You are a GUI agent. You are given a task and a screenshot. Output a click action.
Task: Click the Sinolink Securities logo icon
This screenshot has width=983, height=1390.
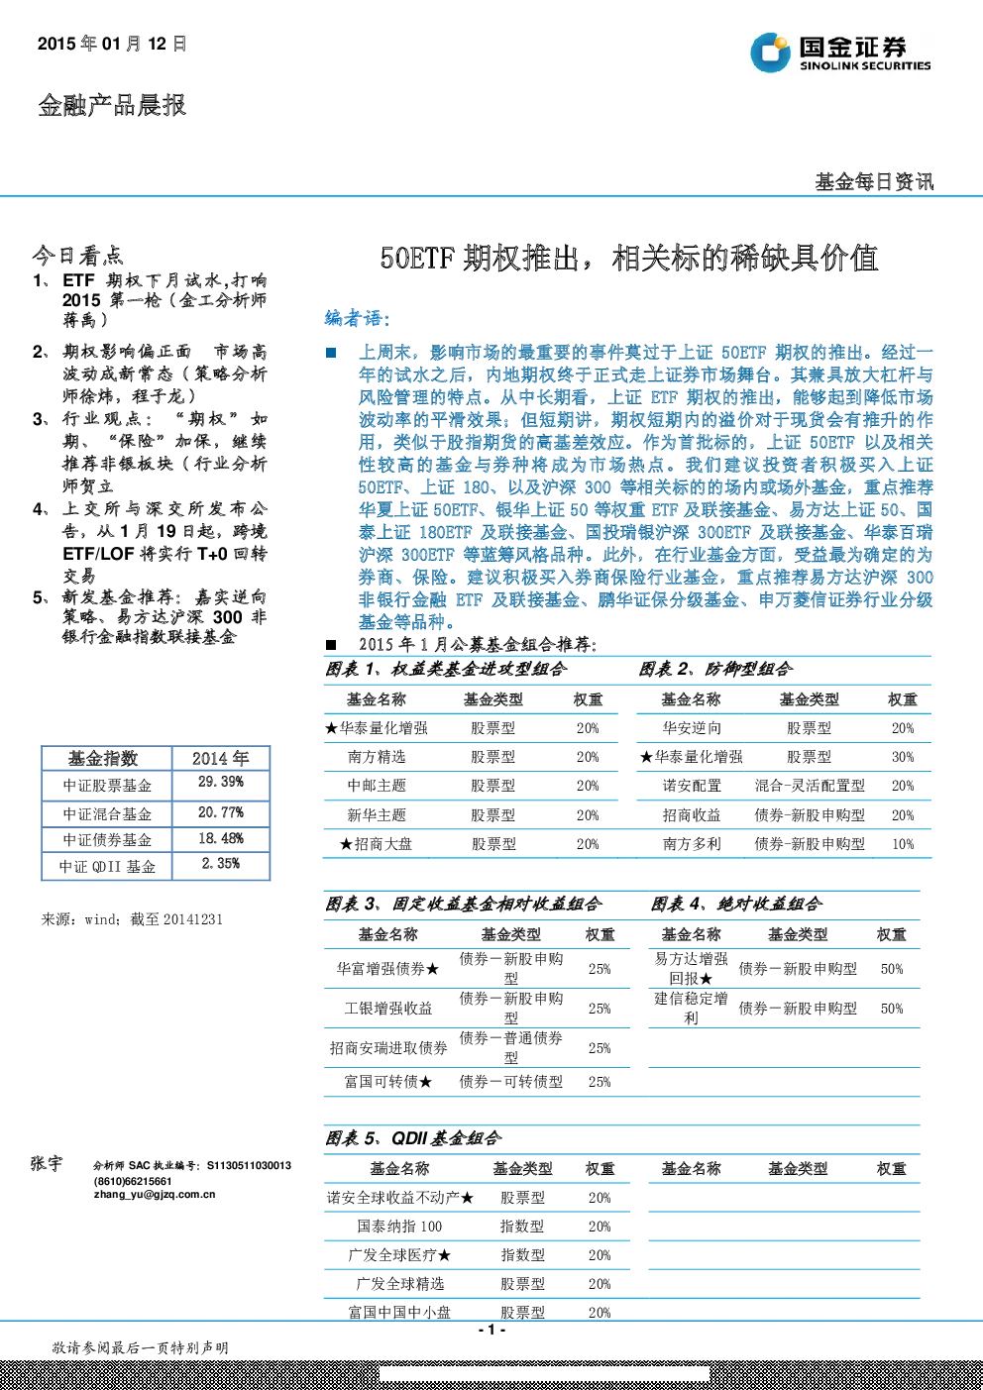[770, 53]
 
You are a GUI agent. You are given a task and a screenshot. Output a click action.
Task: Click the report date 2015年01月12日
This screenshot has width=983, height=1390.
[112, 44]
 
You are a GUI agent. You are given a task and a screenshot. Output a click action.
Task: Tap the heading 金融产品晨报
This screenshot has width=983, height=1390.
[112, 105]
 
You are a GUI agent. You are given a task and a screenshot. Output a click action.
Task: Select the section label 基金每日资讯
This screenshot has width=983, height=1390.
[874, 182]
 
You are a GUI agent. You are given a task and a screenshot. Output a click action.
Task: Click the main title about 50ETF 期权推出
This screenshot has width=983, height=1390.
[628, 259]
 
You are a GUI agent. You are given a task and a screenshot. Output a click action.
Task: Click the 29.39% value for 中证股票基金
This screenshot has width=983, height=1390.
[221, 782]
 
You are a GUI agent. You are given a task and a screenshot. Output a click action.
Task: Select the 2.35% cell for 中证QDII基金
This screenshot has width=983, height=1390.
[221, 863]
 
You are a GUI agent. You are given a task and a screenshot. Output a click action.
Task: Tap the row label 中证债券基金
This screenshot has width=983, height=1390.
[107, 839]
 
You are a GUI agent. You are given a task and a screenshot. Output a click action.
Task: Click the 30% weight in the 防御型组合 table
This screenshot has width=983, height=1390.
[903, 757]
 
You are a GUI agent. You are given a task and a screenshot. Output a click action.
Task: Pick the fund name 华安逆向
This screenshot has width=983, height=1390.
[692, 728]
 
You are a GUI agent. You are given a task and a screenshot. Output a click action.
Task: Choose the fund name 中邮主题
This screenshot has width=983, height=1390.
[377, 786]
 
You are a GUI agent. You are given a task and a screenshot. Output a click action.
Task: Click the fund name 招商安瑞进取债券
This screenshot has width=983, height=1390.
[388, 1048]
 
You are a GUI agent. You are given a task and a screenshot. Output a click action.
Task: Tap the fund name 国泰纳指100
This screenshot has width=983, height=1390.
[399, 1227]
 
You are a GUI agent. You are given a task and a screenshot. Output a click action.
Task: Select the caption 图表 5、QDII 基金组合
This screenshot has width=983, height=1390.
[413, 1138]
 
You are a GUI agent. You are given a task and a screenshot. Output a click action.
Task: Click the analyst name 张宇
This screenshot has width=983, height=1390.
[47, 1163]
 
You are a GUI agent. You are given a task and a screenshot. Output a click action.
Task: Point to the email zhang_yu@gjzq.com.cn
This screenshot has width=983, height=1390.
[155, 1195]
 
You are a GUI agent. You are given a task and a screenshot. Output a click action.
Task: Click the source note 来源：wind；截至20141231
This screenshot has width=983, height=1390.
[132, 919]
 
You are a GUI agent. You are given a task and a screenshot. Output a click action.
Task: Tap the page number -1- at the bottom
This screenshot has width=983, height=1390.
[492, 1330]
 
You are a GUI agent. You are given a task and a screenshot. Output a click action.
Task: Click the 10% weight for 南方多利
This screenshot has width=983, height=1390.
[903, 844]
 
